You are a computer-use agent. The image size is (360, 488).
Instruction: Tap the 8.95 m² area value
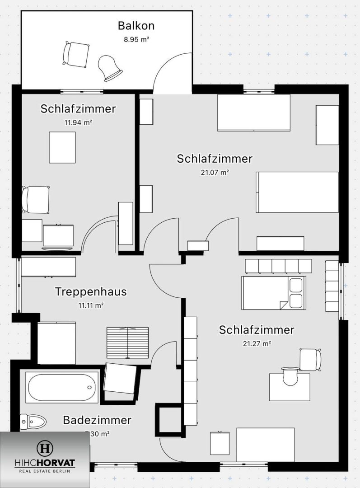pos(136,39)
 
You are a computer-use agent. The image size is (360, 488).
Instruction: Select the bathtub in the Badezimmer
pos(62,387)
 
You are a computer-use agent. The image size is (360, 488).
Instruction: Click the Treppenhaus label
pos(91,292)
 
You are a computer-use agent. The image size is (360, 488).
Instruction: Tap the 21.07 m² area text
pos(215,172)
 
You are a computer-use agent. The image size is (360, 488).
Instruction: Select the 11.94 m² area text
pos(78,122)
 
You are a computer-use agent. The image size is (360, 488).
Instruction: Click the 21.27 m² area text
pos(257,343)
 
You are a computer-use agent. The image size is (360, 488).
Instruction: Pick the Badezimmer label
pos(97,420)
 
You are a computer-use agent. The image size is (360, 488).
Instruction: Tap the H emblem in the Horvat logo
pos(45,449)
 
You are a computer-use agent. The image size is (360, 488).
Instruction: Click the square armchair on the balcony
pos(75,54)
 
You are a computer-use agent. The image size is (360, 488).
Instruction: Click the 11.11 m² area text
pos(91,305)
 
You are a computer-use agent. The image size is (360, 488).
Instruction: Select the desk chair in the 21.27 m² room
pos(310,360)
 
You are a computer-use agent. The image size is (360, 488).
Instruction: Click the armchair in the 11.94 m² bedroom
pos(36,199)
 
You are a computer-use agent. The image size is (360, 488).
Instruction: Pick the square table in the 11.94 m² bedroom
pos(62,147)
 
